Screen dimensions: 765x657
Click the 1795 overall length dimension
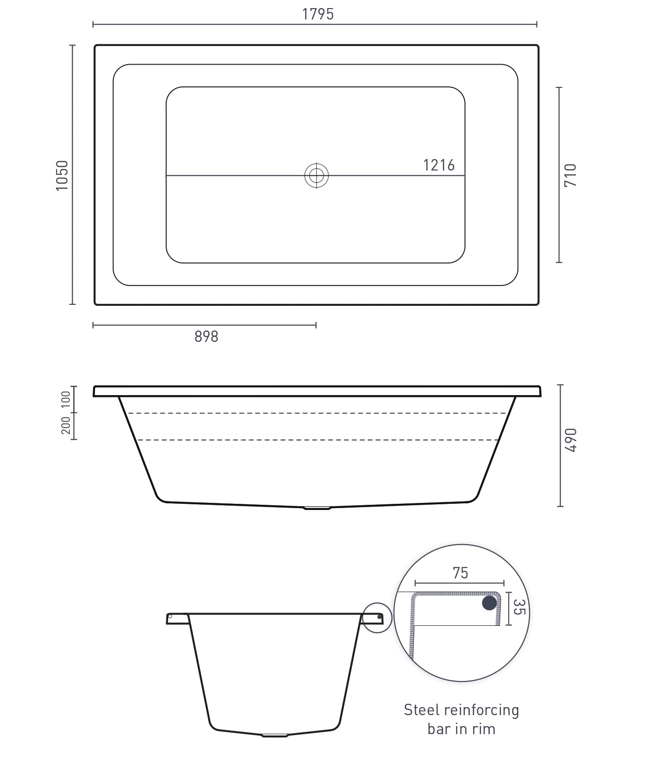318,14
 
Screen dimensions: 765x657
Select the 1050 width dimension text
62,175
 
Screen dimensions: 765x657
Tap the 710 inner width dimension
571,175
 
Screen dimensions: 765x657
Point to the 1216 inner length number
438,165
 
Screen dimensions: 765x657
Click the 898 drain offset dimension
206,336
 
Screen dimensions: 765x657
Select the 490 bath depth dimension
571,440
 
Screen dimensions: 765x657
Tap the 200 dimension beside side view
66,426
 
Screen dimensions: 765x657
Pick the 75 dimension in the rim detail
460,573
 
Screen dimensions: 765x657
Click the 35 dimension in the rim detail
519,607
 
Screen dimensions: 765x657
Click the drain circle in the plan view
316,176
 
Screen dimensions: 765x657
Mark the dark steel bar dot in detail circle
489,603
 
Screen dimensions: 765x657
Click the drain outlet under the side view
317,508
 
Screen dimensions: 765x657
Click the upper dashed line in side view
317,413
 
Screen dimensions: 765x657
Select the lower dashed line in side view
317,440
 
